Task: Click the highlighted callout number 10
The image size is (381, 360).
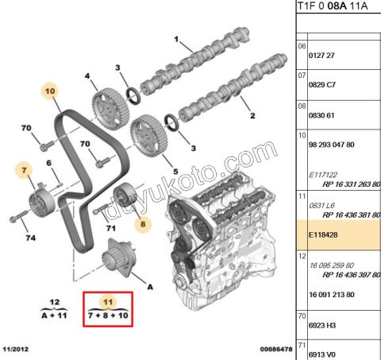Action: pyautogui.click(x=49, y=92)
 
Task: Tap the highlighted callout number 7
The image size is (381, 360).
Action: pyautogui.click(x=25, y=169)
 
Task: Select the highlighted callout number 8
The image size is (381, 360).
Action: pyautogui.click(x=144, y=225)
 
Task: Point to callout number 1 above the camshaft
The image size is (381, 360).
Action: pyautogui.click(x=177, y=40)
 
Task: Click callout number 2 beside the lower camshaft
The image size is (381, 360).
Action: pyautogui.click(x=252, y=116)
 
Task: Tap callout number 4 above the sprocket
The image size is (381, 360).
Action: pyautogui.click(x=87, y=76)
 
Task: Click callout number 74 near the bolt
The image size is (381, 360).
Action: pyautogui.click(x=30, y=237)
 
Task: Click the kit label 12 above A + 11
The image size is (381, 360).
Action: pyautogui.click(x=54, y=303)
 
